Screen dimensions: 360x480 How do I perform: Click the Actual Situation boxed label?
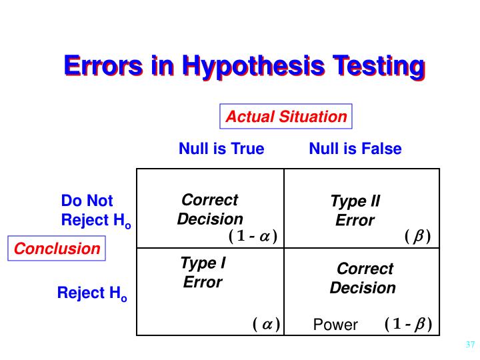286,117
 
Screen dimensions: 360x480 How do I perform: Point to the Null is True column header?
221,149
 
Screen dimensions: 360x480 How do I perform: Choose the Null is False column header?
355,149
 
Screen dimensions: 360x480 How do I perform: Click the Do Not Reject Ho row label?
95,211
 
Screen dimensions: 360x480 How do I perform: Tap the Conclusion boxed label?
57,249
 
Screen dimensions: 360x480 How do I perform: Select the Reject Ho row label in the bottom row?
92,293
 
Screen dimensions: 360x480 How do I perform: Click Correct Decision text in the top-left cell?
210,209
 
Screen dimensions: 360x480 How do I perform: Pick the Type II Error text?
355,211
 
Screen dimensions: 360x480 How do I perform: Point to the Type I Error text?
203,273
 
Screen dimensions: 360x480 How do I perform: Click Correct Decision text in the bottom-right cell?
363,279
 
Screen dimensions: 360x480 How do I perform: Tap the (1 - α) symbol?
253,236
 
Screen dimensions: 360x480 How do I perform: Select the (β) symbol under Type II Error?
418,236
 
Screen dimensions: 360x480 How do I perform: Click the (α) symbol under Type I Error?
266,325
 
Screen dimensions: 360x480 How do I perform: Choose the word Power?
335,325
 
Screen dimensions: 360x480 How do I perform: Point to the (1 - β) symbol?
408,325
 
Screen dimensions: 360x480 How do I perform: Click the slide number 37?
469,345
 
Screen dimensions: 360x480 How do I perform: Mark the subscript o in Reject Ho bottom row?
123,298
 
